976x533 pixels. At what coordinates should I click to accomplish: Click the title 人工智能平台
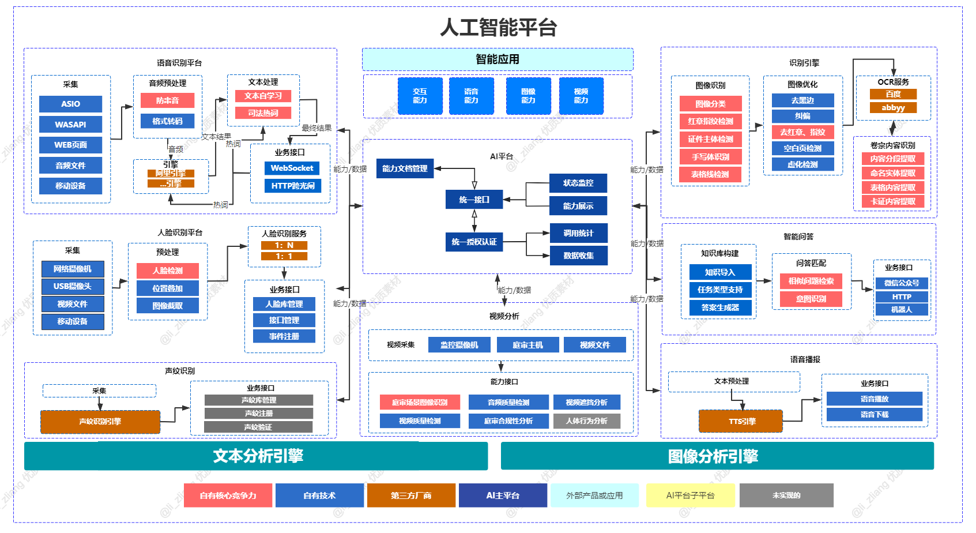pyautogui.click(x=498, y=28)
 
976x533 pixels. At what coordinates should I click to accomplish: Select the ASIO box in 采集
pyautogui.click(x=70, y=104)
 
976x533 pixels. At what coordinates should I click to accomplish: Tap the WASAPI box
pyautogui.click(x=70, y=125)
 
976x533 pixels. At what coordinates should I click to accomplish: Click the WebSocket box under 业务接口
pyautogui.click(x=292, y=168)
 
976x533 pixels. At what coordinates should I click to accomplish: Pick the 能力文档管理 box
pyautogui.click(x=405, y=168)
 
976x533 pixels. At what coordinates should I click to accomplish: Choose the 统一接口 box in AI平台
pyautogui.click(x=474, y=200)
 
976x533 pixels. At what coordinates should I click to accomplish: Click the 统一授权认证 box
pyautogui.click(x=474, y=242)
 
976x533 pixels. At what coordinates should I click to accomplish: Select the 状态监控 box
pyautogui.click(x=578, y=183)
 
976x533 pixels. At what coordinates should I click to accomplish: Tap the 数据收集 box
pyautogui.click(x=578, y=256)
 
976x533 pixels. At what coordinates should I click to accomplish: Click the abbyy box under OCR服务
pyautogui.click(x=893, y=108)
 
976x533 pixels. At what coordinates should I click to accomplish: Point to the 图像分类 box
pyautogui.click(x=710, y=104)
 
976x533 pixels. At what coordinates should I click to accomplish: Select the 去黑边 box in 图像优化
pyautogui.click(x=802, y=100)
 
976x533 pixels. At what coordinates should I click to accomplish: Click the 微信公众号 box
pyautogui.click(x=902, y=283)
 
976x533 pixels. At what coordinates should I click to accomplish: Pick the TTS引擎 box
pyautogui.click(x=741, y=421)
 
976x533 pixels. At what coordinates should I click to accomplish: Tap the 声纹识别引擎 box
pyautogui.click(x=100, y=422)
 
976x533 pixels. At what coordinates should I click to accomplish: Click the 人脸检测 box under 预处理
pyautogui.click(x=167, y=271)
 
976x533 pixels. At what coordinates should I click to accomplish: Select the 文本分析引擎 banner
pyautogui.click(x=256, y=456)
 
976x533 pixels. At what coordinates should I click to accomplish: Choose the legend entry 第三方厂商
pyautogui.click(x=411, y=496)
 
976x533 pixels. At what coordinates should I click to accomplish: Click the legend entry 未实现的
pyautogui.click(x=786, y=496)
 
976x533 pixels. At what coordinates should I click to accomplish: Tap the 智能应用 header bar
pyautogui.click(x=498, y=59)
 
